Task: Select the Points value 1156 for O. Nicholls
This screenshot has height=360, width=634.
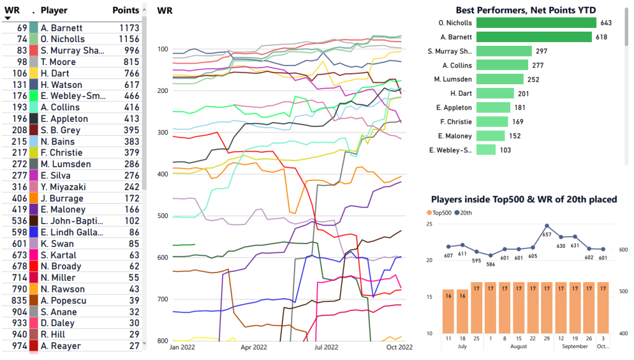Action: (129, 39)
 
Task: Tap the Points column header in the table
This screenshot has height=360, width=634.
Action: (126, 11)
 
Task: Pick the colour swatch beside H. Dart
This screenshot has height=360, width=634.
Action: (33, 73)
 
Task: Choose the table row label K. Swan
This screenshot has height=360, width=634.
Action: (56, 244)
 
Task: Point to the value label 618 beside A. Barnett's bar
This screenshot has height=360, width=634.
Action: (602, 37)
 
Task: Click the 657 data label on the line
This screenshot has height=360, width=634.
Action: (547, 235)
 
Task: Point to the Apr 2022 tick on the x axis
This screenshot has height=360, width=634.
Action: (254, 348)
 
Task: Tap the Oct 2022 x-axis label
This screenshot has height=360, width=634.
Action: (399, 348)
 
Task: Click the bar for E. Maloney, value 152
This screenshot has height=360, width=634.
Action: (491, 136)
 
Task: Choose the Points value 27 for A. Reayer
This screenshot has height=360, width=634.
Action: (133, 346)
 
